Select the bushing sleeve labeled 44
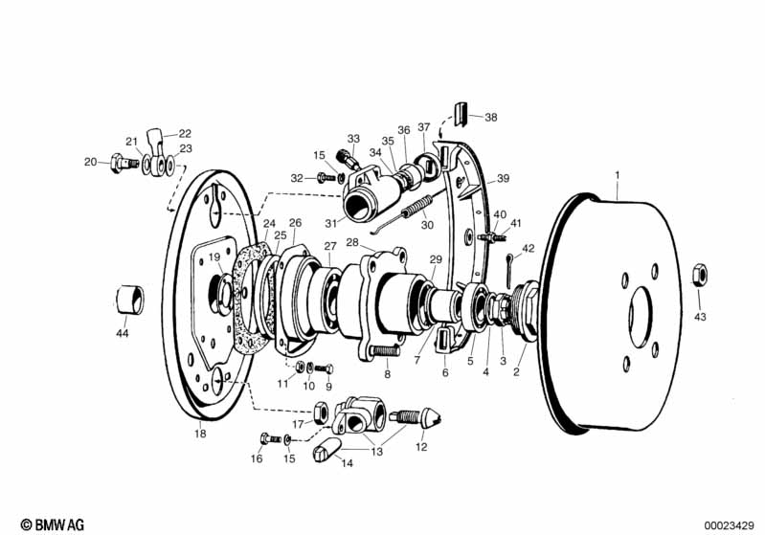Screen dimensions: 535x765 tap(131, 299)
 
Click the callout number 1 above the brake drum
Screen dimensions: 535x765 tap(618, 175)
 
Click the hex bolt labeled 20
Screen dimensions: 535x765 tap(119, 165)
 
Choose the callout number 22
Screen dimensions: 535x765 tap(185, 133)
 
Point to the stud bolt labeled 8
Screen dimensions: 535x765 tap(382, 351)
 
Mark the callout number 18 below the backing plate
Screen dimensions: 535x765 tap(199, 434)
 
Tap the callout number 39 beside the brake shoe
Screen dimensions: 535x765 tap(503, 178)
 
